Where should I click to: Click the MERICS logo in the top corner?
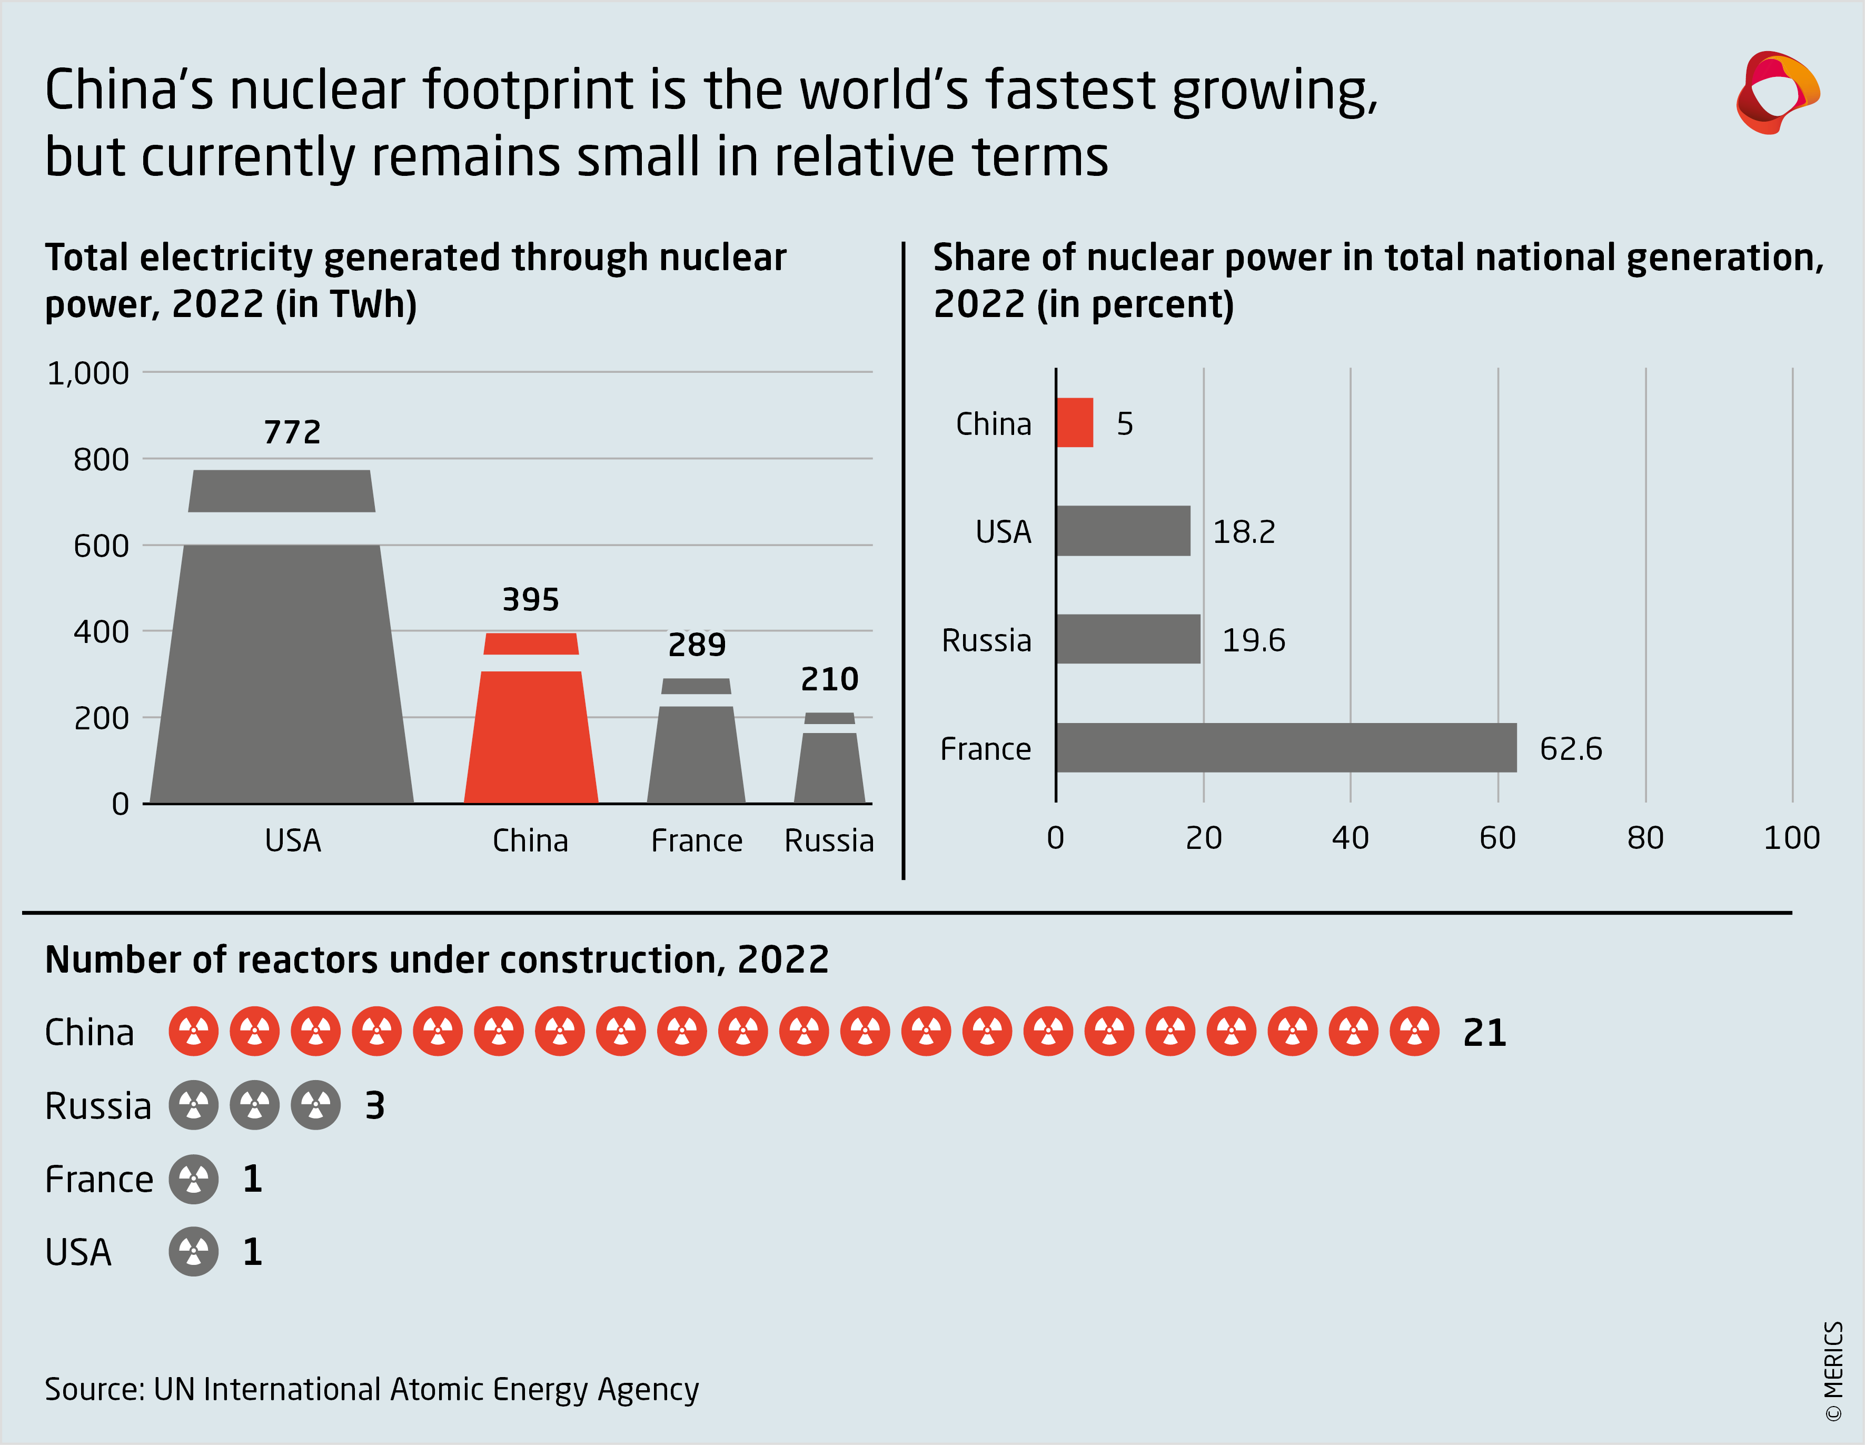pyautogui.click(x=1776, y=92)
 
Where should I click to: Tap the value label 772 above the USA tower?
pyautogui.click(x=292, y=432)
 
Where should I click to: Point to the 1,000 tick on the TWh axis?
pyautogui.click(x=88, y=373)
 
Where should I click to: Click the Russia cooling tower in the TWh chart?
pyautogui.click(x=829, y=764)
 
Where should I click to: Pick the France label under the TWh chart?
pyautogui.click(x=696, y=841)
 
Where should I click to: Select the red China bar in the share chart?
pyautogui.click(x=1074, y=423)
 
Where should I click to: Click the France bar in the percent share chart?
pyautogui.click(x=1285, y=748)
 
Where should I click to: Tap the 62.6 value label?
pyautogui.click(x=1570, y=749)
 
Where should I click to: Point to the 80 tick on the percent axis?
pyautogui.click(x=1645, y=838)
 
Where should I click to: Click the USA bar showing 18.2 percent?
pyautogui.click(x=1122, y=531)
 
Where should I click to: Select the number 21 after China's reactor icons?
pyautogui.click(x=1484, y=1033)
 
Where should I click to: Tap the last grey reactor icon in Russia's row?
pyautogui.click(x=316, y=1105)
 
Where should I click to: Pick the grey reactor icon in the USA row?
pyautogui.click(x=194, y=1252)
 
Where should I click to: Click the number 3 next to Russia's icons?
pyautogui.click(x=375, y=1106)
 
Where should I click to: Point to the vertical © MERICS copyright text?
pyautogui.click(x=1833, y=1371)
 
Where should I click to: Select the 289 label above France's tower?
pyautogui.click(x=697, y=645)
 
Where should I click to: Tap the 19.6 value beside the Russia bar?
pyautogui.click(x=1253, y=640)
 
